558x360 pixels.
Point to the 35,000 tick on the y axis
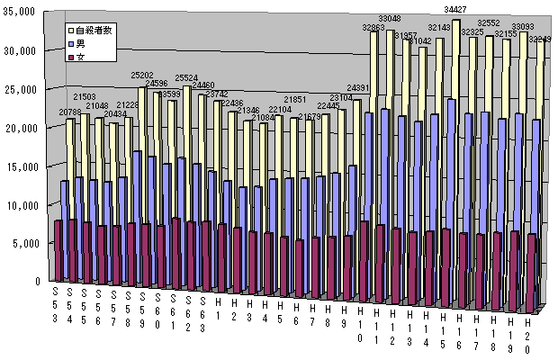(20, 12)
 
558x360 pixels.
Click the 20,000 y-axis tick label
(20, 127)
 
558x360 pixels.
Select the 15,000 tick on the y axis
(20, 166)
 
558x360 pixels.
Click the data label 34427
(460, 10)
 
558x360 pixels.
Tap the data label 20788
(71, 112)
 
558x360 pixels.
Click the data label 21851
(297, 99)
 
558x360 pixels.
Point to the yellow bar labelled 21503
(84, 189)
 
